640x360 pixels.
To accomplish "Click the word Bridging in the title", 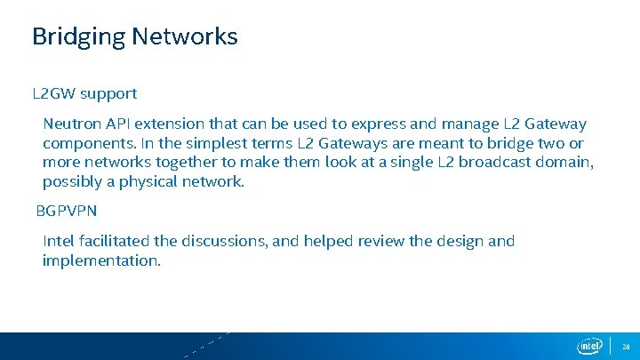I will point(78,37).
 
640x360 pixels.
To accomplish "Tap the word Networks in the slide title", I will point(184,36).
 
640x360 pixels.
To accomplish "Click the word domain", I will point(566,163).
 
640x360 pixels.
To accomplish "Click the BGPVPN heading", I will point(67,212).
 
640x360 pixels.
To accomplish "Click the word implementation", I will point(100,260).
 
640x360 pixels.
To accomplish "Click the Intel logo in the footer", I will point(590,346).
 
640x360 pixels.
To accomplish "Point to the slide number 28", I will point(626,346).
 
